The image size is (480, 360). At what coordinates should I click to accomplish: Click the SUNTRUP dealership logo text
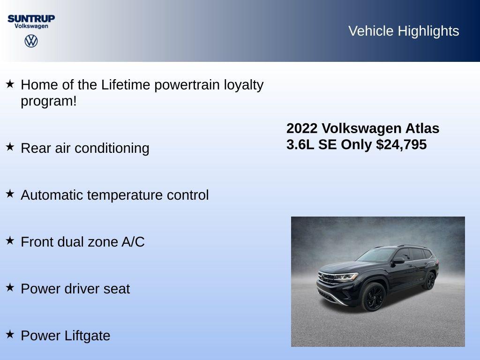pyautogui.click(x=31, y=18)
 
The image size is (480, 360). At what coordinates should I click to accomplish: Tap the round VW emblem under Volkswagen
pyautogui.click(x=31, y=41)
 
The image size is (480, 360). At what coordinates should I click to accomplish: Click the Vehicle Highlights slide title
pyautogui.click(x=404, y=31)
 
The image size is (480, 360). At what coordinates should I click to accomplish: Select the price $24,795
pyautogui.click(x=401, y=144)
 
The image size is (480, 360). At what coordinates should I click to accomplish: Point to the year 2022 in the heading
pyautogui.click(x=302, y=128)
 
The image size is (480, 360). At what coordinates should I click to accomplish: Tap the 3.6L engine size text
pyautogui.click(x=300, y=144)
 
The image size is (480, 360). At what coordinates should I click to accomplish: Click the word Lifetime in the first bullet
pyautogui.click(x=126, y=85)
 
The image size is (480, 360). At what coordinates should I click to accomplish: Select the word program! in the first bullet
pyautogui.click(x=48, y=101)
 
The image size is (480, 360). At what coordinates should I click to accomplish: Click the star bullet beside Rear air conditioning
pyautogui.click(x=10, y=147)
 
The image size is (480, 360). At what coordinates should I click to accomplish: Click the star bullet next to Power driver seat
pyautogui.click(x=10, y=287)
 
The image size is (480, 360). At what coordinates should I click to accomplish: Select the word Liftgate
pyautogui.click(x=89, y=336)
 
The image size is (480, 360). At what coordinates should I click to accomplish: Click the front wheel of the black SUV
pyautogui.click(x=373, y=296)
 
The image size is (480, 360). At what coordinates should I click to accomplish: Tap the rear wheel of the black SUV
pyautogui.click(x=429, y=280)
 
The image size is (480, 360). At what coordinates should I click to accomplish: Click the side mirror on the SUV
pyautogui.click(x=398, y=260)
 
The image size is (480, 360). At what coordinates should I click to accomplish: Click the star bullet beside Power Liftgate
pyautogui.click(x=10, y=334)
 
